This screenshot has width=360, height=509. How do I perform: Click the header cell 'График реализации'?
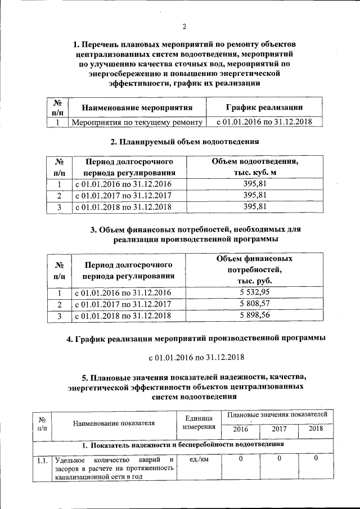click(264, 107)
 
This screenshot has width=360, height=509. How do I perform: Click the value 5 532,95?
click(255, 292)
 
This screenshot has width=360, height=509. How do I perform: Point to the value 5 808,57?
click(255, 304)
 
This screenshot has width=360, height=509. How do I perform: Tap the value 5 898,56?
click(255, 316)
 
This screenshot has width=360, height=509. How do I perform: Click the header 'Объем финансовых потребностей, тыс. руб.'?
click(255, 269)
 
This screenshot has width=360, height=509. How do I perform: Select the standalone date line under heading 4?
click(196, 357)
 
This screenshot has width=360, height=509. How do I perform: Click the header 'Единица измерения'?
click(197, 422)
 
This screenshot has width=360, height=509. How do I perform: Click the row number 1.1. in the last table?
click(42, 460)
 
